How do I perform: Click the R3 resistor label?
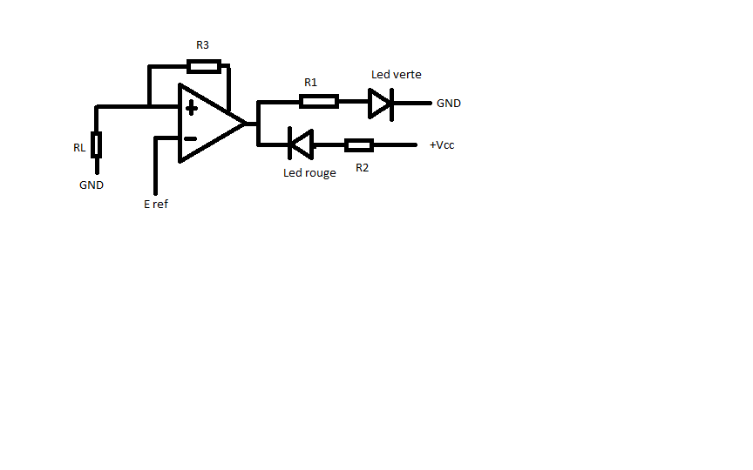coord(201,44)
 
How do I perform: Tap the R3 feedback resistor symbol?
coord(204,66)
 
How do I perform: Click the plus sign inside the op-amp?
coord(191,108)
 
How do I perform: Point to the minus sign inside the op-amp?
coord(191,138)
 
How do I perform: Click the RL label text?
coord(79,148)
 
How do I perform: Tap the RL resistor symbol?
coord(97,144)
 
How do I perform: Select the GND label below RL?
coord(92,185)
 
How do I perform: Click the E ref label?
coord(156,205)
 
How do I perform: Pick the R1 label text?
coord(310,83)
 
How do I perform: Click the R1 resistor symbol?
coord(318,102)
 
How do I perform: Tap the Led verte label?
coord(396,75)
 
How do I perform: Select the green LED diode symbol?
coord(381,103)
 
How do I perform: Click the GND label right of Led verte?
coord(449,104)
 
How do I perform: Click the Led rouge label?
coord(309,173)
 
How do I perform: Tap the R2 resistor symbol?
coord(359,145)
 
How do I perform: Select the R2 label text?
coord(362,167)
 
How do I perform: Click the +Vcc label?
coord(442,145)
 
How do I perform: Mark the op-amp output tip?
coord(246,123)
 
